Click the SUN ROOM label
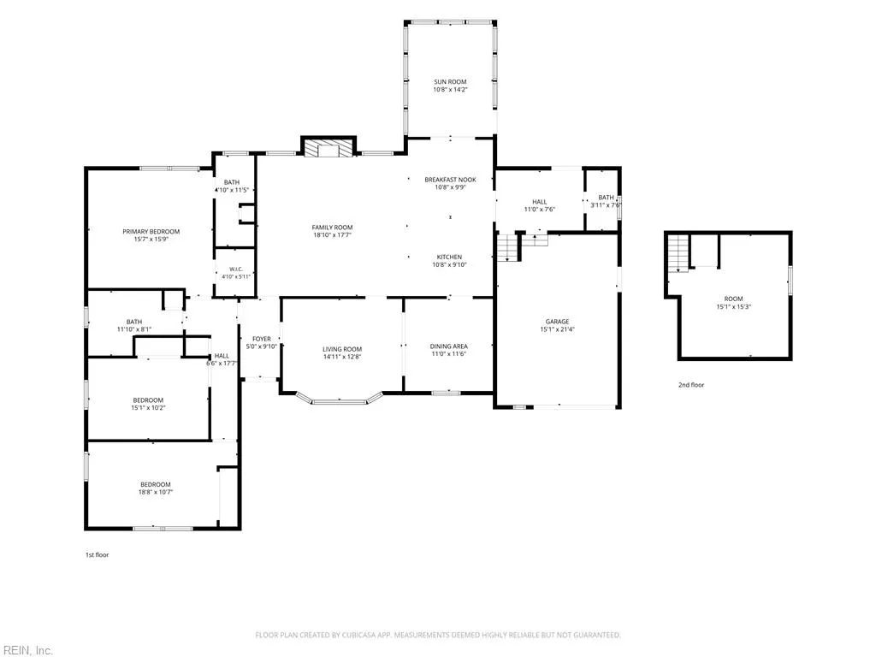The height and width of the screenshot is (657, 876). (x=450, y=81)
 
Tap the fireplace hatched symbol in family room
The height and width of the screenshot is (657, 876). (x=328, y=147)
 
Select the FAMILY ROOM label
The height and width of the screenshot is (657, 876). (x=332, y=228)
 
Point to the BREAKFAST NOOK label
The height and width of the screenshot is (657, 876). (x=450, y=180)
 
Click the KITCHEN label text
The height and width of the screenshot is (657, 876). (x=449, y=257)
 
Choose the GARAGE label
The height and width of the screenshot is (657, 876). (x=557, y=322)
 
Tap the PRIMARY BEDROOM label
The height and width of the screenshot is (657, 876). (x=151, y=232)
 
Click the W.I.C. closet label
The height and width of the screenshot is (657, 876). (x=236, y=269)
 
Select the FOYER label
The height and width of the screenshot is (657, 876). (x=262, y=339)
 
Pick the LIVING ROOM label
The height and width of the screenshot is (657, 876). (x=342, y=349)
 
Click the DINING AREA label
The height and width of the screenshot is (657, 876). (x=448, y=346)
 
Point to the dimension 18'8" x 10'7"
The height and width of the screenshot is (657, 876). (x=156, y=492)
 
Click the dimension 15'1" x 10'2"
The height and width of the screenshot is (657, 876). (x=148, y=408)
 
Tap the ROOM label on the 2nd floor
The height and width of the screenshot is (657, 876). (x=733, y=299)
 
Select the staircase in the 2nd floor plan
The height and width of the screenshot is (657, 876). (x=678, y=253)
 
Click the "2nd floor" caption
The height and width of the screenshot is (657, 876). (x=691, y=385)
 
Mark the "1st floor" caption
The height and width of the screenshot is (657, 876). (x=98, y=554)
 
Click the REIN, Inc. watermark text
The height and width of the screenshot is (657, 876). (x=27, y=650)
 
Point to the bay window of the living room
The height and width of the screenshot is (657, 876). (x=339, y=399)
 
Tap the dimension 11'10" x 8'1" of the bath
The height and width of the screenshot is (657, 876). (x=134, y=329)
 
